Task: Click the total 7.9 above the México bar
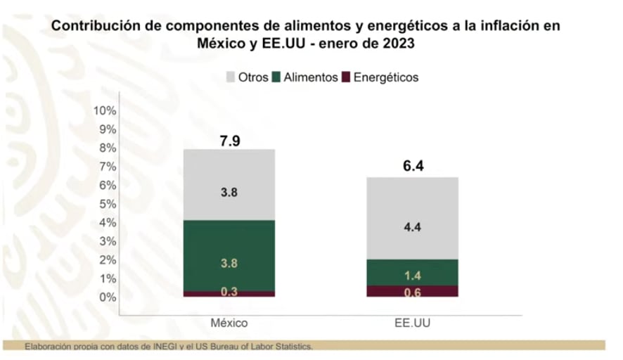coord(230,140)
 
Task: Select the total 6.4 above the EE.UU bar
coord(413,167)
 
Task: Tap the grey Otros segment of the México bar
coord(230,184)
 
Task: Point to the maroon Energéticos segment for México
coord(230,293)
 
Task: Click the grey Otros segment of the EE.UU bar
coord(413,218)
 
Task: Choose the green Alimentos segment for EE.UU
coord(413,273)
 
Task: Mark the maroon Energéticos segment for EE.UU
coord(413,291)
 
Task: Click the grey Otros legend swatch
coord(231,77)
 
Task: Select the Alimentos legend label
coord(311,77)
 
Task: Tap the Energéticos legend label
coord(385,77)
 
